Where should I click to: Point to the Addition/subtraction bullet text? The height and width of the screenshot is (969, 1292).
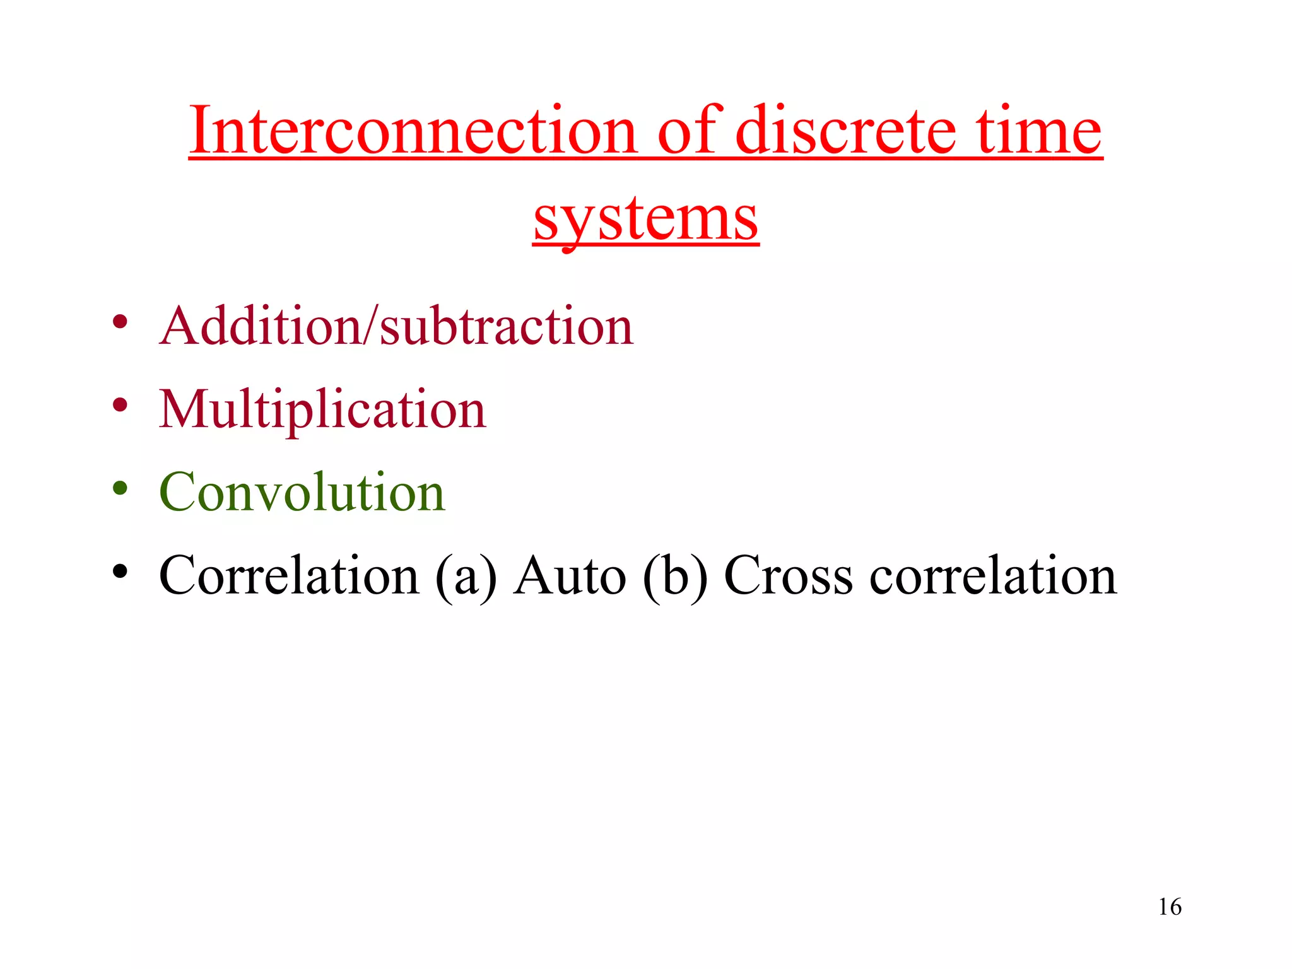click(396, 326)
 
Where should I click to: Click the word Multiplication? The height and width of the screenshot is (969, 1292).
click(322, 410)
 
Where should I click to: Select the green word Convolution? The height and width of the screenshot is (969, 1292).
click(302, 492)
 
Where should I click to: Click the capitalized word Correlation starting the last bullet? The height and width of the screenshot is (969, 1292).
click(289, 575)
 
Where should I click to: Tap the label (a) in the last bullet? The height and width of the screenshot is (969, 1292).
click(466, 577)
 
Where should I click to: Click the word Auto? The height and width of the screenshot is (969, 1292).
click(570, 575)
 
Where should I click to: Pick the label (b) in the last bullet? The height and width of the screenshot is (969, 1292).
click(675, 577)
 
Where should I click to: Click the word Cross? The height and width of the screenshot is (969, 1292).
click(788, 575)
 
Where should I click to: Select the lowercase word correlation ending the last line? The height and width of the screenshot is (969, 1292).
click(993, 575)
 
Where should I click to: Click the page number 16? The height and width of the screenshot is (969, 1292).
click(1170, 907)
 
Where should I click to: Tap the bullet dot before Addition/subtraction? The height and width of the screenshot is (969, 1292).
click(120, 322)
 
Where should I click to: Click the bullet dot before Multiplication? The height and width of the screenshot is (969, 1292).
click(120, 405)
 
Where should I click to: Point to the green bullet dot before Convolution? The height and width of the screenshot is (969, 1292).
click(120, 488)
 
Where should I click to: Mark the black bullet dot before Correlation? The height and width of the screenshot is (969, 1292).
click(120, 571)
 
